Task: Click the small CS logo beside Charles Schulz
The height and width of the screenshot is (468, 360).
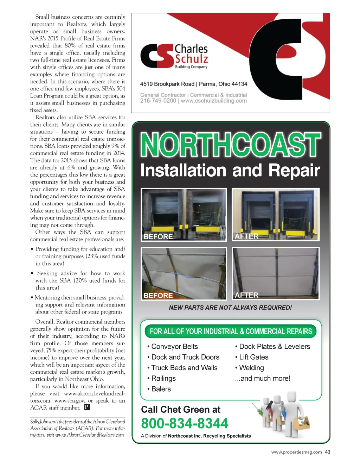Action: (157, 56)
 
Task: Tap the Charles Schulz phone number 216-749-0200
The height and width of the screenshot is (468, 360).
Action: (158, 101)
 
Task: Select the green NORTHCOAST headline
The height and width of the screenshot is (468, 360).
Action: (230, 145)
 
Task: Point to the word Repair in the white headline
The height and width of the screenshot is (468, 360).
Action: (294, 171)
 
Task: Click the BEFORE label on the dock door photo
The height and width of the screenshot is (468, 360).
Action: (158, 236)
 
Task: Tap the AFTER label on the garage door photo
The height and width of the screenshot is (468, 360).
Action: (246, 295)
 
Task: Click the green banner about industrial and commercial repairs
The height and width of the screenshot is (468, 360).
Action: (231, 331)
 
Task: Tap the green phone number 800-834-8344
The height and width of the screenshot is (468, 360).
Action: (185, 423)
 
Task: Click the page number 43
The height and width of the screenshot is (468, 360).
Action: (328, 452)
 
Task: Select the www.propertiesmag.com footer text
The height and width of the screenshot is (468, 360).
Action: (296, 452)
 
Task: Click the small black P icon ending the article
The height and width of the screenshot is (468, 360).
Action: (87, 407)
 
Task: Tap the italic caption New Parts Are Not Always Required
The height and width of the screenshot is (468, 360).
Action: (230, 308)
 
